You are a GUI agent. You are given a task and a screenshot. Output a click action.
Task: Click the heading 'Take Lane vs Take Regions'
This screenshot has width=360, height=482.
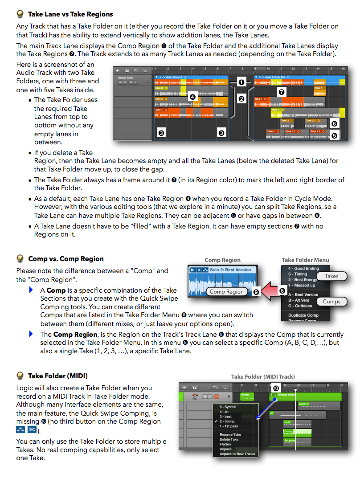point(70,14)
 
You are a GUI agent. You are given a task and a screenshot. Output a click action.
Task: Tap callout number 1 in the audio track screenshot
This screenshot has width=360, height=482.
point(241,82)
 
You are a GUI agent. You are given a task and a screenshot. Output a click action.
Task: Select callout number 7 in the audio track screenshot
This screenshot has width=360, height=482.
point(281,92)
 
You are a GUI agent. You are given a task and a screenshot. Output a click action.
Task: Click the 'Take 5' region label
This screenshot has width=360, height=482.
point(318,88)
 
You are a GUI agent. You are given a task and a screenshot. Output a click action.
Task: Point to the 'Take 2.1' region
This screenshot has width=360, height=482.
point(311,121)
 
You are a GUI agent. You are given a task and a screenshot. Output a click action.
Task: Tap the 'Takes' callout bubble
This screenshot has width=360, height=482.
point(331,276)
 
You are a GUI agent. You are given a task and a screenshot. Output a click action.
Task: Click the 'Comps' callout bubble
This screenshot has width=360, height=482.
point(331,302)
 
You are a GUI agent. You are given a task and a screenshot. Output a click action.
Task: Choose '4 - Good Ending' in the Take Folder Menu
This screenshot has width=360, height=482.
point(303,269)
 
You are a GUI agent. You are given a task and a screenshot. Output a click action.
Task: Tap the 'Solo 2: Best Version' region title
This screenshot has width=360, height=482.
point(230,270)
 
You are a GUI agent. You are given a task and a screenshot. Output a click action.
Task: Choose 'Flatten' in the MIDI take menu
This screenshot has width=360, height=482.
point(225,444)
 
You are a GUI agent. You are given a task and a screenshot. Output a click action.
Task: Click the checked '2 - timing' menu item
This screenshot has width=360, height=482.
point(227,421)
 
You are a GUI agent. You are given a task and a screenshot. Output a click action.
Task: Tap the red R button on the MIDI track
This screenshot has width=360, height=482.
point(217,396)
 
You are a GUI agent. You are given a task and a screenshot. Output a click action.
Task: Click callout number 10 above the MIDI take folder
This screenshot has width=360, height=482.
point(275,388)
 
